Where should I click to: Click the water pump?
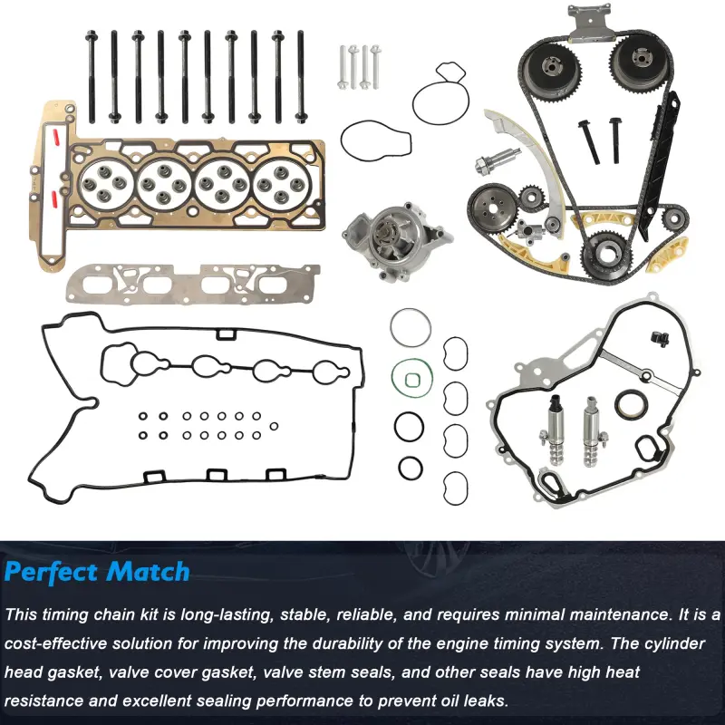395,241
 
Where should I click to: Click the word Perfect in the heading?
51,572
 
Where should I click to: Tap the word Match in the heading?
148,572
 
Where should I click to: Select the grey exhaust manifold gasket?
193,284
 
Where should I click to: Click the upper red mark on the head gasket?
56,138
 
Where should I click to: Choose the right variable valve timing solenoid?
593,432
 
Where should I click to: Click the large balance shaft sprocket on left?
492,212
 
